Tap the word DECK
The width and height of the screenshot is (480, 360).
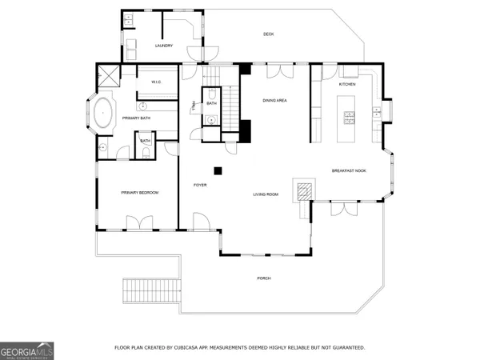269,34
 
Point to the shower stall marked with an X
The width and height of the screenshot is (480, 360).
106,78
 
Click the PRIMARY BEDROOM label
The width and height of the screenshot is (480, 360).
139,193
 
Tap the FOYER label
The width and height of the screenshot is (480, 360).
200,185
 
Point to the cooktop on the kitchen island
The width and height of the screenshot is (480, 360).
349,118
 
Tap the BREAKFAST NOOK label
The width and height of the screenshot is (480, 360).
349,170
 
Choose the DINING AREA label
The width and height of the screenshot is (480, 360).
274,100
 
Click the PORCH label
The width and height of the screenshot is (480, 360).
263,278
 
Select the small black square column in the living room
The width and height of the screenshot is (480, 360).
216,170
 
